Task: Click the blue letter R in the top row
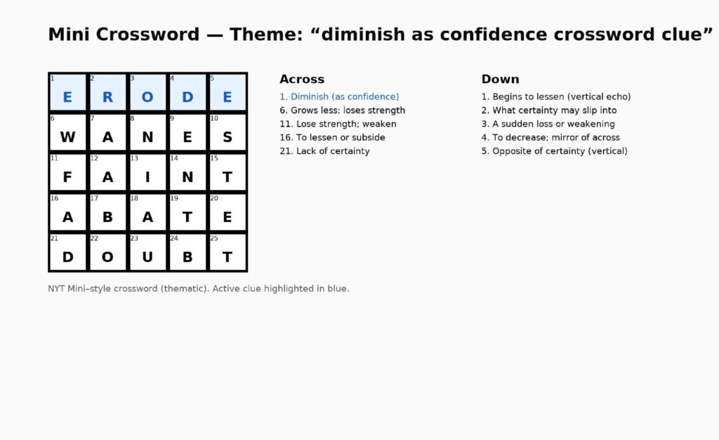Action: tap(107, 97)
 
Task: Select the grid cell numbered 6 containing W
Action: tap(67, 132)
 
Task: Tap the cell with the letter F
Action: tap(67, 172)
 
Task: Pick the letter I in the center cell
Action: tap(147, 177)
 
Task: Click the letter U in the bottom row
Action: tap(147, 257)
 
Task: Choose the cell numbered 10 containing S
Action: tap(227, 132)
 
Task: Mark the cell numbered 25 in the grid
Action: tap(227, 252)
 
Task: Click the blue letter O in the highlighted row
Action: tap(147, 97)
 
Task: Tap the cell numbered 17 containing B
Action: tap(107, 212)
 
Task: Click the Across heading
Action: tap(302, 79)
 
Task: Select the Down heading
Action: tap(500, 79)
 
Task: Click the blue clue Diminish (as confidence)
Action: tap(339, 97)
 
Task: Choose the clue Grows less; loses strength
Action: tap(343, 110)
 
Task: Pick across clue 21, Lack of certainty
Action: tap(324, 151)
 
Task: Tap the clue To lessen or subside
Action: tap(332, 138)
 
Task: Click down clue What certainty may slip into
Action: tap(549, 110)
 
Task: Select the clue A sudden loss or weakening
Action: tap(548, 124)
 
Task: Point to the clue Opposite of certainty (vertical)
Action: tap(555, 151)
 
